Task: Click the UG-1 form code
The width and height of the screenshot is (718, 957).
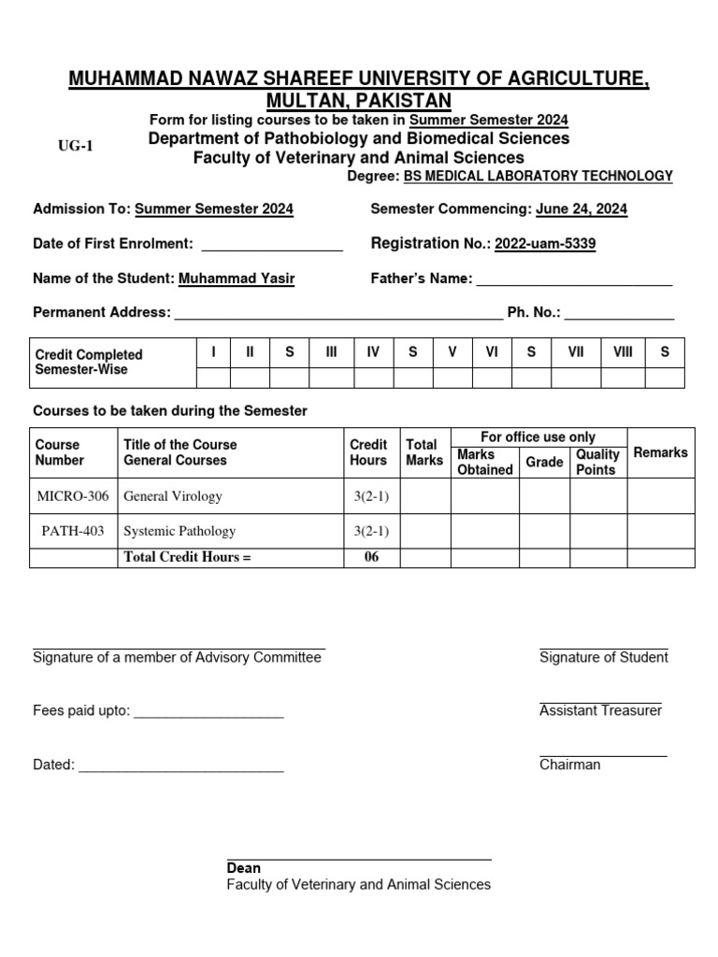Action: pos(77,146)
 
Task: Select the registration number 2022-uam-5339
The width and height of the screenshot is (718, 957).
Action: pos(545,245)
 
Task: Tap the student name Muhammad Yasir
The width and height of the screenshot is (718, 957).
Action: pos(237,279)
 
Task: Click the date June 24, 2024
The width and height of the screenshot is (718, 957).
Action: pos(581,210)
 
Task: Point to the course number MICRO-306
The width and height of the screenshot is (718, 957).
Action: pos(72,496)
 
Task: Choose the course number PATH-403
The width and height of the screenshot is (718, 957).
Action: pos(73,531)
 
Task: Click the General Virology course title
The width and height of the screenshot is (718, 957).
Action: pos(173,496)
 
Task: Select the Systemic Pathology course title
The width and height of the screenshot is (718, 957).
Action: pos(179,531)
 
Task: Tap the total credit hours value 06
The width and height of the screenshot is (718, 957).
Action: pos(371,558)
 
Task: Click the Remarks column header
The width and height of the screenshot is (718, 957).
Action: pos(660,452)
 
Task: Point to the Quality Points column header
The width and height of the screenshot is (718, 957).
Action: pos(597,462)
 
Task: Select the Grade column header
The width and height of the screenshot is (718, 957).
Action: pos(544,462)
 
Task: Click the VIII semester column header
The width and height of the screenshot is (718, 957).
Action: pos(623,351)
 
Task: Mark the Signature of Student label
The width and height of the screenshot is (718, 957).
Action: pos(603,658)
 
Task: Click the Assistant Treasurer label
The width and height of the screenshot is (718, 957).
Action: pos(600,711)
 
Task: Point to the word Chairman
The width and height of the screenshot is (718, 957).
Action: pos(569,765)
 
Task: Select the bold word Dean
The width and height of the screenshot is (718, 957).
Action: pos(244,868)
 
